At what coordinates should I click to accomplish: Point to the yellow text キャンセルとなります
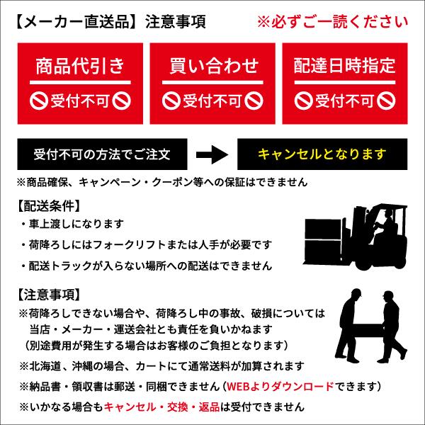(x=322, y=154)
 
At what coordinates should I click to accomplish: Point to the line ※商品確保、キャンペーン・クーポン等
(x=163, y=181)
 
